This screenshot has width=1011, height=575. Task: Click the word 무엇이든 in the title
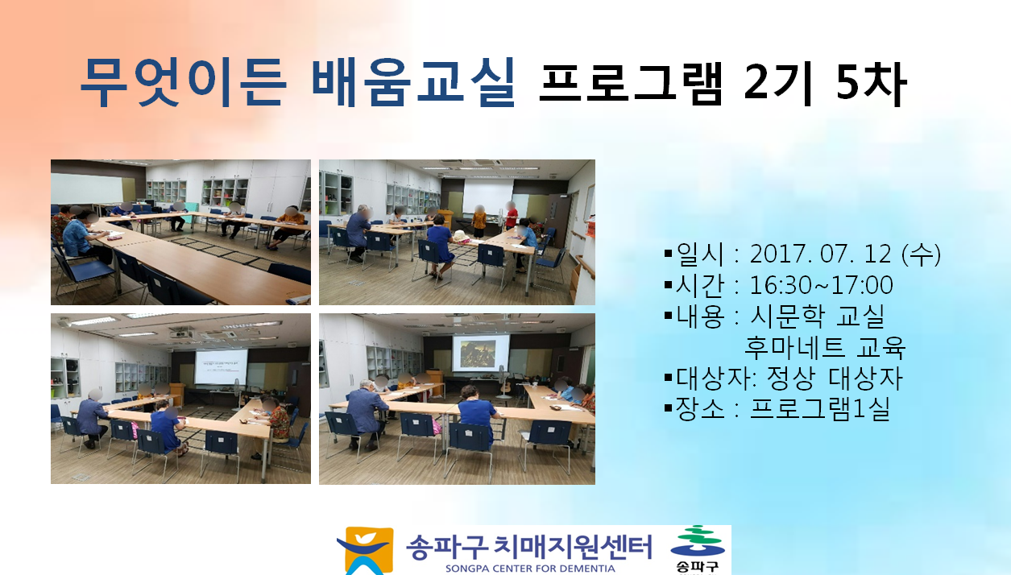[183, 83]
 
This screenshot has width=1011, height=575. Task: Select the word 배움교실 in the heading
[413, 83]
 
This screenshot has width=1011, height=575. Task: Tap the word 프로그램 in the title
[631, 84]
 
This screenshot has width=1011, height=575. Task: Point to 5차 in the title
[871, 84]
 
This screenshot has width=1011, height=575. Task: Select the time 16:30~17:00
[821, 285]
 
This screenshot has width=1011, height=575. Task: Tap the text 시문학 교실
[817, 316]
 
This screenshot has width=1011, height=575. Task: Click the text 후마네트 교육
[825, 347]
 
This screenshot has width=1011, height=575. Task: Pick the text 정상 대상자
[835, 379]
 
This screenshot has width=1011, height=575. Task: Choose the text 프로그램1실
[819, 409]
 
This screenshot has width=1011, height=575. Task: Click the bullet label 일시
[699, 254]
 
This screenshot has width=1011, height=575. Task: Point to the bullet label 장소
[699, 409]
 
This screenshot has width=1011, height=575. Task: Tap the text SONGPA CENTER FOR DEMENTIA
[530, 569]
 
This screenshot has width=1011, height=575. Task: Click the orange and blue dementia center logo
[365, 551]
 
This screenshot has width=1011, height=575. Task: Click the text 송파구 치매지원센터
[529, 547]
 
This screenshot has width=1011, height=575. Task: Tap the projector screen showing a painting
[481, 353]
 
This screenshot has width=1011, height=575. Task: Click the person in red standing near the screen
[511, 216]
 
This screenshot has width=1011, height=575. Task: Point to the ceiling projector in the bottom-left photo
[182, 333]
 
